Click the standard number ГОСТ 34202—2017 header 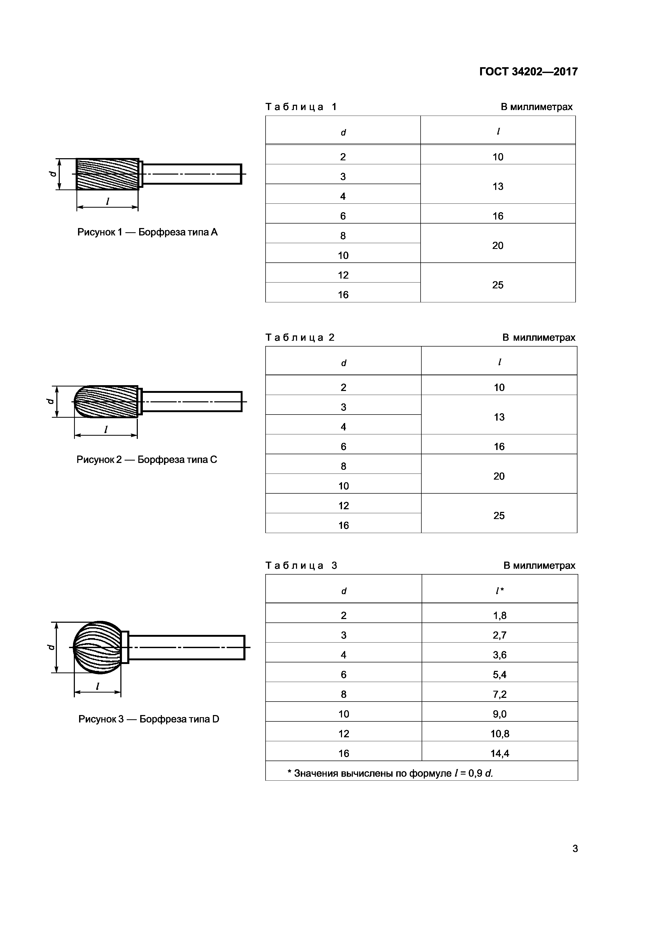528,71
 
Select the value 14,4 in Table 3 500,753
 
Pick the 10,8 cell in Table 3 500,734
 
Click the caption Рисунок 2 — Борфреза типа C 147,460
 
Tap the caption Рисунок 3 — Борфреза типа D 148,719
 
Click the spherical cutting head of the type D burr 97,647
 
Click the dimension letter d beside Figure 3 51,647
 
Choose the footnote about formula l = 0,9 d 390,773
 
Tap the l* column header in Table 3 500,591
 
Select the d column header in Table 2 344,363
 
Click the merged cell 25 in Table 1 498,285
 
